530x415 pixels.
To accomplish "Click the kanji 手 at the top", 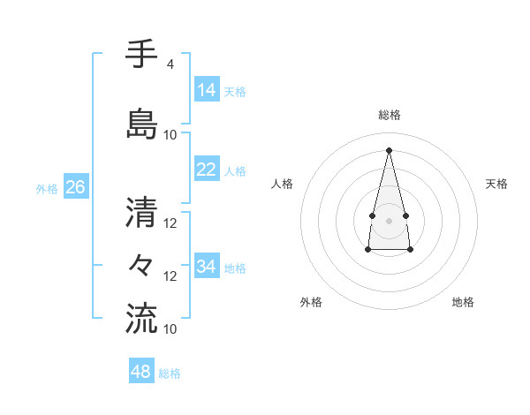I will (x=141, y=55).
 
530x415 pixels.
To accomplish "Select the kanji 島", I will (x=141, y=123).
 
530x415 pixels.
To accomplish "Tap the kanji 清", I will (x=141, y=211).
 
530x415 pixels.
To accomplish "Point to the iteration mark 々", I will (x=141, y=264).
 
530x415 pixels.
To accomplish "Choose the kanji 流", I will (x=141, y=318).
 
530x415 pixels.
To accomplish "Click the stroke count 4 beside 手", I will (x=170, y=64).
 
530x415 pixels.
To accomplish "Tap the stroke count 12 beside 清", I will (x=170, y=223).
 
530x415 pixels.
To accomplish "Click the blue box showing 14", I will (x=207, y=90).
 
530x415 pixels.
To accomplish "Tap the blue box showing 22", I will (x=207, y=170).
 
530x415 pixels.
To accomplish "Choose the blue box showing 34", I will (x=207, y=267).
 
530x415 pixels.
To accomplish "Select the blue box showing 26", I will (x=75, y=187).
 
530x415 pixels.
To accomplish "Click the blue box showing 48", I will (x=141, y=372).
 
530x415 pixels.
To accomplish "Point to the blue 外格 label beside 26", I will (x=47, y=188).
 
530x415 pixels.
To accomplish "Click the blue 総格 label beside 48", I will (x=170, y=373).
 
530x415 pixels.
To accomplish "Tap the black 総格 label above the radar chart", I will (x=389, y=115).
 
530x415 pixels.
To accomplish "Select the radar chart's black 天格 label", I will (x=497, y=184).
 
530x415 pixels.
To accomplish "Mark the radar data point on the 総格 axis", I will (x=389, y=149).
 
